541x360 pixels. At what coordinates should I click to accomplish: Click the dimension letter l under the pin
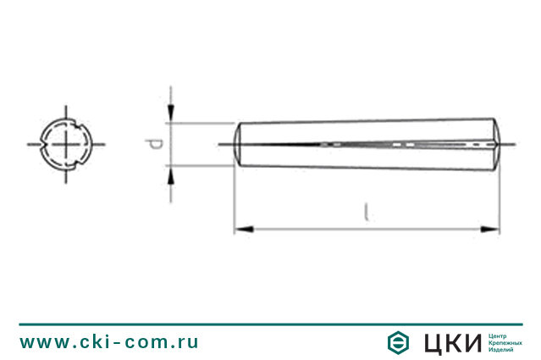click(365, 212)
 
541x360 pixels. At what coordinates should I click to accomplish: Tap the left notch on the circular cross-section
click(44, 144)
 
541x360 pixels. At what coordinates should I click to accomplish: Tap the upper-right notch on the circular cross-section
click(76, 126)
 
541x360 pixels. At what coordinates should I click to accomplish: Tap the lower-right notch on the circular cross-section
click(76, 162)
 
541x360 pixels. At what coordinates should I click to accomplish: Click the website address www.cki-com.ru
click(109, 342)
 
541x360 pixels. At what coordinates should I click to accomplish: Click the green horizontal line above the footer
click(270, 324)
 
